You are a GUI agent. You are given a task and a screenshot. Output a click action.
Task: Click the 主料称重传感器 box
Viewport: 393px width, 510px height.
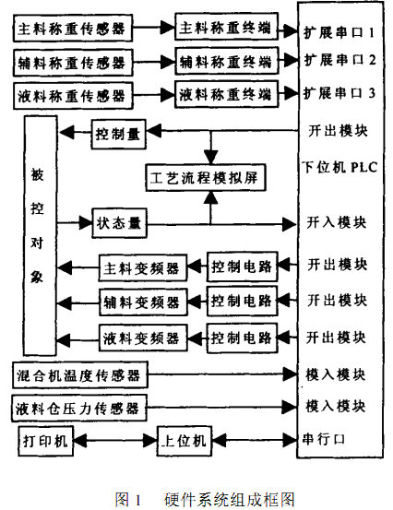tap(73, 30)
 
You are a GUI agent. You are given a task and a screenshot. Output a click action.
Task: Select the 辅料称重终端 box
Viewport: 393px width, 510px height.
tap(224, 63)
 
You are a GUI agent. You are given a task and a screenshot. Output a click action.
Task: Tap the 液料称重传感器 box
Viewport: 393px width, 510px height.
tap(73, 95)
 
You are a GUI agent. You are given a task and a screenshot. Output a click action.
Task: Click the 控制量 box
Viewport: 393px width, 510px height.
tap(117, 134)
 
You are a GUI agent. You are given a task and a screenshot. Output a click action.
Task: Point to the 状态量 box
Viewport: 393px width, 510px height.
tap(117, 222)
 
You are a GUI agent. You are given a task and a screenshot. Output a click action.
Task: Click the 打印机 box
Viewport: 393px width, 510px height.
tap(45, 442)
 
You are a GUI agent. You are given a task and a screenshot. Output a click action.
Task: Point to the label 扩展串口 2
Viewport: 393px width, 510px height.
tap(339, 60)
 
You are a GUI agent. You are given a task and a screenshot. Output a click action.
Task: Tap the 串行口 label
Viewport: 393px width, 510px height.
tap(324, 439)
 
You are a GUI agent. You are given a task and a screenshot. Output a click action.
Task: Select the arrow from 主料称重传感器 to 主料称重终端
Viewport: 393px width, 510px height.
tap(152, 30)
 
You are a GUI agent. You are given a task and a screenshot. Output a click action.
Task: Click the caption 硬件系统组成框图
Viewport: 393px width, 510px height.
tap(227, 499)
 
